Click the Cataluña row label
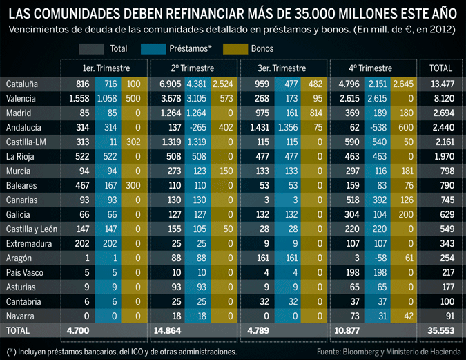coord(21,84)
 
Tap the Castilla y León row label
coord(32,229)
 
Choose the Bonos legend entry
coord(262,49)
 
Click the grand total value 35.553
coord(440,331)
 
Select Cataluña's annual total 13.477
coord(440,84)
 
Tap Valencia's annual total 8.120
coord(440,98)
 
